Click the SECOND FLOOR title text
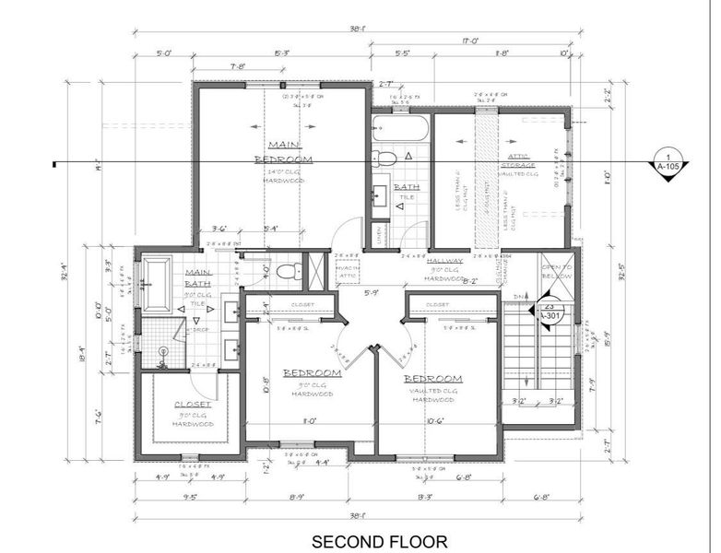(379, 541)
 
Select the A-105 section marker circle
(666, 162)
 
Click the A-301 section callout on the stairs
(549, 312)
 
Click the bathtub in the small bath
(400, 128)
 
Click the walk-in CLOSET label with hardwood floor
(193, 405)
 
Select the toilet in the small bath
(386, 159)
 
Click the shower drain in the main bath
(163, 351)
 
